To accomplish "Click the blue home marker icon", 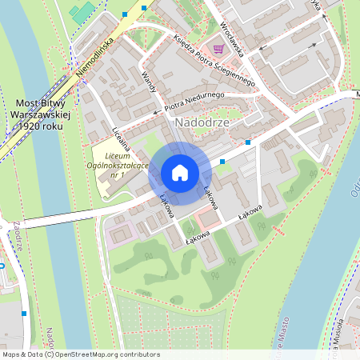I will (x=180, y=173).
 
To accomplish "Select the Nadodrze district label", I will (x=201, y=122).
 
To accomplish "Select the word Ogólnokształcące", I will (x=122, y=165).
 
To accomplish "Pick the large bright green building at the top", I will (x=81, y=12).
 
